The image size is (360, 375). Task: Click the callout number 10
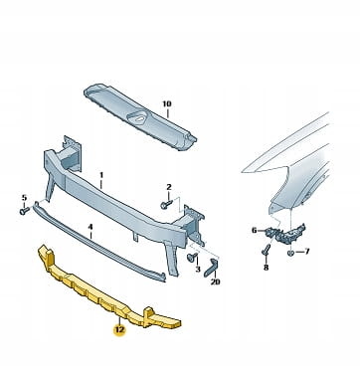point(167,103)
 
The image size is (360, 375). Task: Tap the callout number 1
point(101,174)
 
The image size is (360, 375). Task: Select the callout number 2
point(169,187)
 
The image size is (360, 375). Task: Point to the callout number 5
point(24,198)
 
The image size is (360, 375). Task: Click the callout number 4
point(90,227)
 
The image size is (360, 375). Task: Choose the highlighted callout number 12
point(119,329)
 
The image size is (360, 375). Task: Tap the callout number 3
point(198,269)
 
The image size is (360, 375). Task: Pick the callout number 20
point(215,281)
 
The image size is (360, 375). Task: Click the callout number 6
point(255,230)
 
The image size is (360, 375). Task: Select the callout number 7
point(306,252)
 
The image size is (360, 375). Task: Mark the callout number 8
point(266,268)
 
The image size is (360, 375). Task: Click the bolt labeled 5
point(24,211)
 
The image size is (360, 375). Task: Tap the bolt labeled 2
point(166,204)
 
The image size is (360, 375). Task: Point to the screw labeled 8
point(267,249)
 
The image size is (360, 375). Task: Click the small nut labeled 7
point(291,254)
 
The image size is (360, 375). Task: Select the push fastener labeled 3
point(192,257)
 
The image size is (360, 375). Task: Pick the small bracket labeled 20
point(212,268)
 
